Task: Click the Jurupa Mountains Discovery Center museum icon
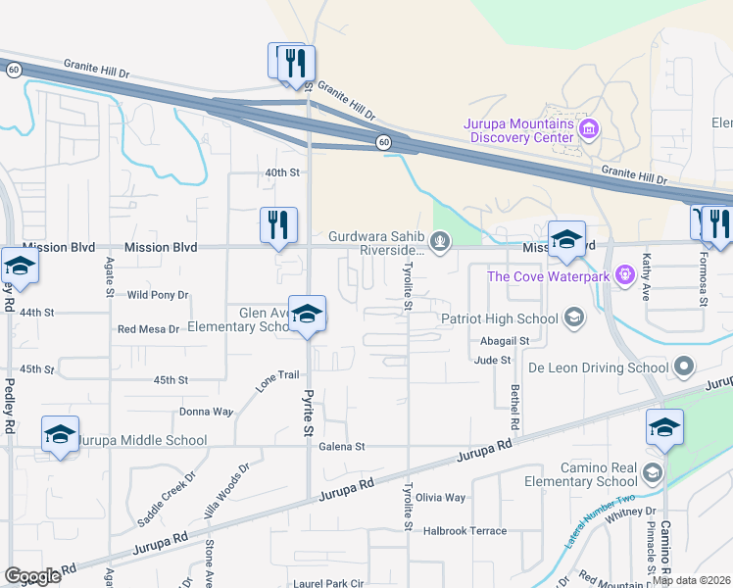[x=589, y=128]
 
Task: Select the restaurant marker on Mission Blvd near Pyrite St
[x=278, y=224]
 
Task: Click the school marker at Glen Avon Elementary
[x=308, y=315]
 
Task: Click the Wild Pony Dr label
[x=158, y=294]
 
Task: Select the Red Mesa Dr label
[x=148, y=329]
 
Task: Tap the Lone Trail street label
[x=277, y=381]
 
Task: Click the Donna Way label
[x=206, y=413]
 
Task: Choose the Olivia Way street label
[x=441, y=498]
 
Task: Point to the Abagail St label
[x=505, y=341]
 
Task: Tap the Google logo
[x=32, y=575]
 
